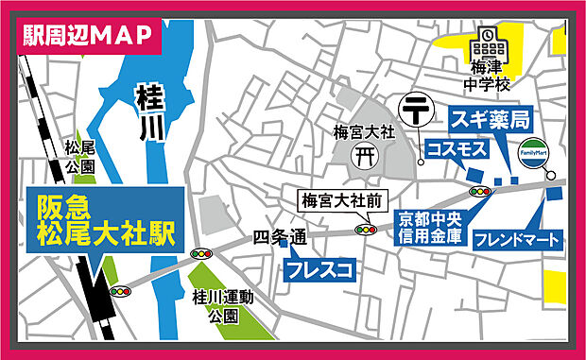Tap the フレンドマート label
point(517,239)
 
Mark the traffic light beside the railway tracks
point(120,292)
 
